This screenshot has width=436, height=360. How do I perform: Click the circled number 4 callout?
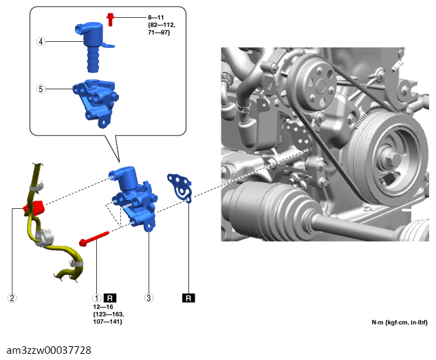coord(41,42)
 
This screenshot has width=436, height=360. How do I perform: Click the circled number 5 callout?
coord(41,89)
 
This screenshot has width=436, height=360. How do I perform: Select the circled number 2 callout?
coord(12,298)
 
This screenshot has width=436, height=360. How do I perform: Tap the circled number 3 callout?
coord(149,298)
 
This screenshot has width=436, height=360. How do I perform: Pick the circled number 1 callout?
coord(96,298)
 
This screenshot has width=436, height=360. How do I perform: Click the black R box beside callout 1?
coord(110,298)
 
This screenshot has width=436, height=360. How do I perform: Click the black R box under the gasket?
coord(188,298)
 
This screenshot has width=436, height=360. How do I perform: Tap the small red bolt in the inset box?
coord(111,19)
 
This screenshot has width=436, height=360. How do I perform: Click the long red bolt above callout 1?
coord(94,239)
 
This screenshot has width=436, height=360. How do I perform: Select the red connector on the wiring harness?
coord(34,208)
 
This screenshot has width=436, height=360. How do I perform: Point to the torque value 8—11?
coord(155,17)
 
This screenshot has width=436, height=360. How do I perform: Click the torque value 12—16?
coord(103,307)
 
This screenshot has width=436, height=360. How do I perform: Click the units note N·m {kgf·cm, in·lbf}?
coord(400,322)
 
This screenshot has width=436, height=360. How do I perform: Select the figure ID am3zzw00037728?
coord(49,350)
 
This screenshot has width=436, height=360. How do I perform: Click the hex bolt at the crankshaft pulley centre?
coord(392,159)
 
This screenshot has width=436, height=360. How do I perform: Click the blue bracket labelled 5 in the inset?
coord(96,103)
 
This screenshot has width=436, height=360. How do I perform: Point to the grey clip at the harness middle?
coord(44,238)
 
